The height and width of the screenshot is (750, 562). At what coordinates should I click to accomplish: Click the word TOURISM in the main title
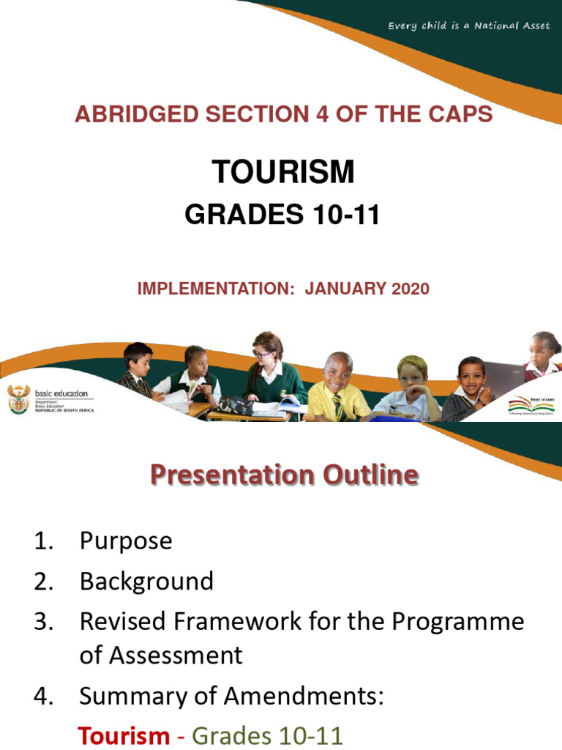point(283,173)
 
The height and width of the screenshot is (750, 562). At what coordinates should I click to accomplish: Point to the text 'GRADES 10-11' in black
point(282,215)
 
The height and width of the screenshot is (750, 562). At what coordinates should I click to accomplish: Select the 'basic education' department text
point(60,393)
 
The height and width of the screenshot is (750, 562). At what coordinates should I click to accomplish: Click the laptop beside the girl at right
point(504,377)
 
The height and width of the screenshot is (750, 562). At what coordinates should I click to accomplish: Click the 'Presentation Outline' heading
point(284,475)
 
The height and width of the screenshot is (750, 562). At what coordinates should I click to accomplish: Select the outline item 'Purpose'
point(126,541)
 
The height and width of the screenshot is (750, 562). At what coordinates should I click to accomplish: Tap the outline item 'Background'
point(146,582)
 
